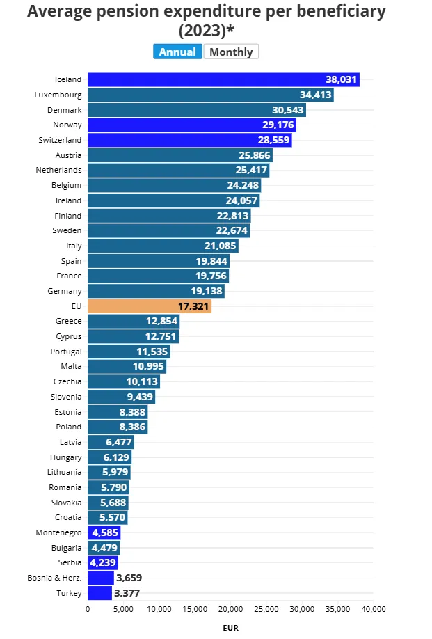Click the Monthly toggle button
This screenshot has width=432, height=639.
click(231, 52)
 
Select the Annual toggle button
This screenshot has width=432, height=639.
click(177, 52)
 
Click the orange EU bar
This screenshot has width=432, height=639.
click(150, 306)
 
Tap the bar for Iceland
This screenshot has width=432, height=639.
click(223, 79)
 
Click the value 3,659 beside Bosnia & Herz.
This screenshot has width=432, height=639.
click(130, 578)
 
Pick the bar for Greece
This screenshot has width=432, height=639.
click(133, 322)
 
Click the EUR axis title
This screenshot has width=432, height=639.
click(231, 627)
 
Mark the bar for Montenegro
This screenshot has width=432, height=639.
click(104, 532)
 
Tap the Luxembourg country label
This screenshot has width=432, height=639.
click(58, 95)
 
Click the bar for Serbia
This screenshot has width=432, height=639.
click(102, 562)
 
